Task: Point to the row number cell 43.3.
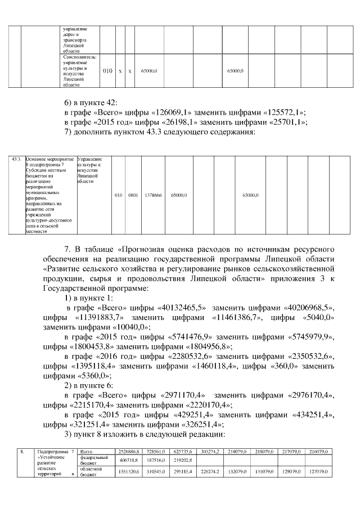pyautogui.click(x=17, y=159)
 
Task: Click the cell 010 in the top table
pyautogui.click(x=108, y=71)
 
